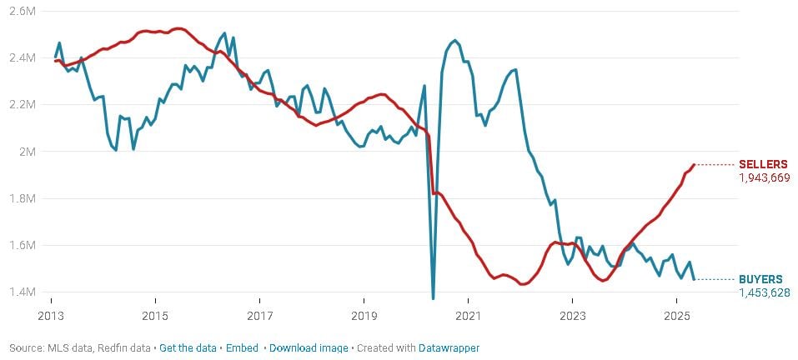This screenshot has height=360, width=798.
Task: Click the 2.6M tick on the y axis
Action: coord(23,11)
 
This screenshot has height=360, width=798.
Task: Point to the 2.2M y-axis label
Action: coord(23,104)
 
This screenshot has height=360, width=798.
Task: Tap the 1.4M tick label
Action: coord(23,292)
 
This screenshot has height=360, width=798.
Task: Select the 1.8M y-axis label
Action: coord(23,198)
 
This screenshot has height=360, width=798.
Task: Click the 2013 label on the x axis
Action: coord(51,317)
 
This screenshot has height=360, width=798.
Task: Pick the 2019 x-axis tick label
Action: coord(364,317)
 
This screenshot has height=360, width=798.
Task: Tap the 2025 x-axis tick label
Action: coord(676,317)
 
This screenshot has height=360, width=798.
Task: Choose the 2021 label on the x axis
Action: coord(468,317)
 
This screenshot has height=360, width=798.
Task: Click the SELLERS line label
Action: coord(763,164)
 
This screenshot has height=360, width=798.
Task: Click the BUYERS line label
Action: coord(761,279)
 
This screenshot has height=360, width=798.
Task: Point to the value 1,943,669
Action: coord(764,177)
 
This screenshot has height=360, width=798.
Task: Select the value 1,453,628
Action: coord(764,292)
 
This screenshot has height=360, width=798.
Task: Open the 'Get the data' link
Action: coord(188,347)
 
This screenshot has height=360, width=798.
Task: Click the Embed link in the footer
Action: coord(242,347)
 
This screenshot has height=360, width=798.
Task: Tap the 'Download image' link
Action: coord(308,347)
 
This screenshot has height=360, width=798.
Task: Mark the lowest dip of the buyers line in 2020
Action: coord(433,297)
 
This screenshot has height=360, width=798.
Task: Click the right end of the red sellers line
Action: coord(694,164)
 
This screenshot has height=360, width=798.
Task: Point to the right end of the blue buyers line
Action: coord(694,279)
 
